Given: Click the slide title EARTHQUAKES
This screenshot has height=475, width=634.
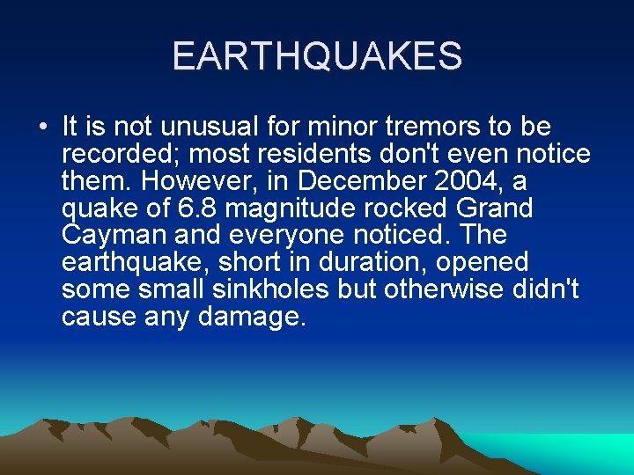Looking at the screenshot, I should click(x=317, y=55).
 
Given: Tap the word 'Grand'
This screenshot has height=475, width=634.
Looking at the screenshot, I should click(x=498, y=208).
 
